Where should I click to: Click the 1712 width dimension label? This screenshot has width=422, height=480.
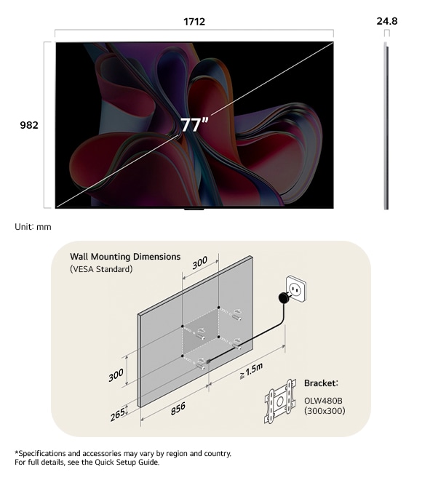click(x=194, y=22)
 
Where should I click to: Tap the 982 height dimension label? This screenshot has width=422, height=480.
click(x=29, y=125)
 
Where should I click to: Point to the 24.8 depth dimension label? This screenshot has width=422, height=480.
click(x=387, y=21)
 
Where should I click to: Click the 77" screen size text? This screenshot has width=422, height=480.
click(x=194, y=124)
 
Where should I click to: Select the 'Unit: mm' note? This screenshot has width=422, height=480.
click(x=33, y=227)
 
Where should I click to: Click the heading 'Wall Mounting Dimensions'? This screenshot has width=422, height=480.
click(x=125, y=257)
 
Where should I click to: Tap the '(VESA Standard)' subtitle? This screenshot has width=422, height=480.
click(x=101, y=269)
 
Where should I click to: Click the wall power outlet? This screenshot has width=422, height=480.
click(x=295, y=289)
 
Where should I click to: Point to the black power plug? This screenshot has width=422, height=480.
click(x=284, y=297)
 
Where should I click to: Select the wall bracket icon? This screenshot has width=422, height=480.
click(x=280, y=401)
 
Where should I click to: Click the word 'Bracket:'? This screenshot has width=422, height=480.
click(x=321, y=383)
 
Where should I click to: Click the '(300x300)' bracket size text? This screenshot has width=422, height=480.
click(x=325, y=410)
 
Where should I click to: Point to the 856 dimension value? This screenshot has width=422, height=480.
click(x=178, y=409)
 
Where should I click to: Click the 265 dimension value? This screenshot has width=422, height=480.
click(x=118, y=415)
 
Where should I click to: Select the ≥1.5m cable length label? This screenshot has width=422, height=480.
click(x=251, y=371)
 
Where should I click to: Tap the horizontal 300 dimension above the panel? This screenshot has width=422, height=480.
click(x=200, y=263)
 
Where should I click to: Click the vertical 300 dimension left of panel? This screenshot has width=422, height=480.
click(x=116, y=375)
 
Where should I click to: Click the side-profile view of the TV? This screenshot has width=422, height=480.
click(x=386, y=126)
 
